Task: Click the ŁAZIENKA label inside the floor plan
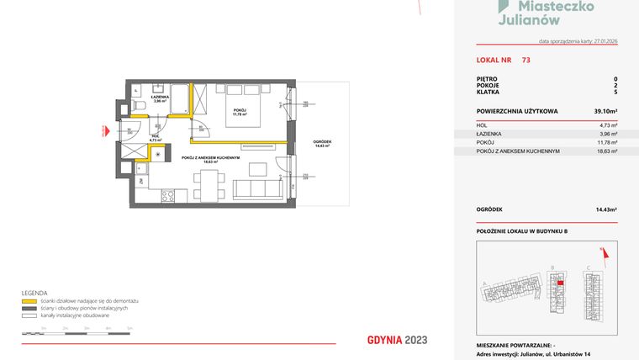tap(159, 98)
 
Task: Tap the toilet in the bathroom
tap(140, 105)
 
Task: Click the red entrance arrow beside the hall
tap(103, 132)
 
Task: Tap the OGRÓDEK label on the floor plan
tap(320, 140)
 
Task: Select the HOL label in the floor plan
tap(155, 137)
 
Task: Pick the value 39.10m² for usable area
tap(605, 111)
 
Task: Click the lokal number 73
tap(525, 60)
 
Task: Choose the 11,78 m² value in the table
tap(607, 142)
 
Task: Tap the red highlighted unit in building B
tap(560, 283)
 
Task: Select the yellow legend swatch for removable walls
tap(28, 300)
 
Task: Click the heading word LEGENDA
tap(34, 293)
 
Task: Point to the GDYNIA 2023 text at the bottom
tap(397, 341)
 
